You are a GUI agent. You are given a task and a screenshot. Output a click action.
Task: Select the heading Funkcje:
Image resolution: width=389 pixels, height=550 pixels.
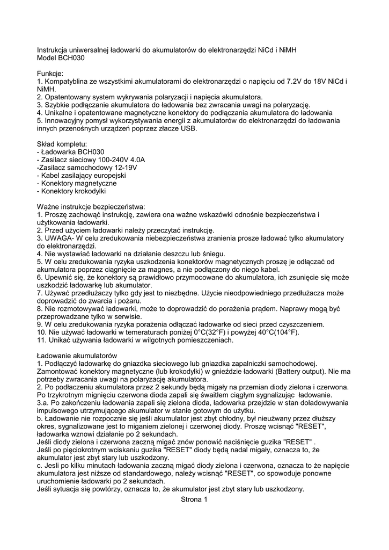pyautogui.click(x=50, y=73)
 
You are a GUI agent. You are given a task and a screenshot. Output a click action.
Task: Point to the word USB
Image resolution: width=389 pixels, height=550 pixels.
pyautogui.click(x=188, y=128)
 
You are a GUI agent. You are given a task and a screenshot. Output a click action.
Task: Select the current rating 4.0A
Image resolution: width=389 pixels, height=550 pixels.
pyautogui.click(x=135, y=160)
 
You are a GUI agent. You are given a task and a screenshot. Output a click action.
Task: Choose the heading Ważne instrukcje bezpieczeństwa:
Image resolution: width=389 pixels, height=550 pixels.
pyautogui.click(x=91, y=207)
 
